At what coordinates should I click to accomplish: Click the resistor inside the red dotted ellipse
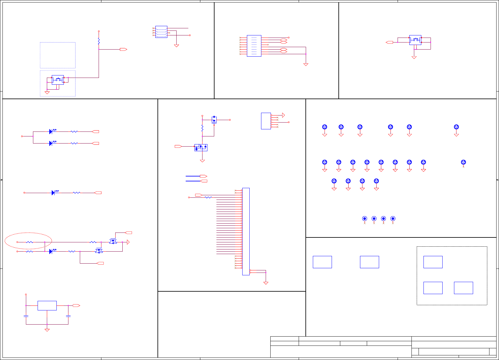30,242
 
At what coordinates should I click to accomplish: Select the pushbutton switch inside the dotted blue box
58,80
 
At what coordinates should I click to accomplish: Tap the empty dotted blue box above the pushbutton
58,55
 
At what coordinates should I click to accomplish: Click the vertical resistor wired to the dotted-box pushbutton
99,41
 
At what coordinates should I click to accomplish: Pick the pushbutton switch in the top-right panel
415,40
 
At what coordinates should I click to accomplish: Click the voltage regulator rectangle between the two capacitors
47,305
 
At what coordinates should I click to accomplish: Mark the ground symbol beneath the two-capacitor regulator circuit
47,330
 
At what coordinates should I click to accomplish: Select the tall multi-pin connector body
246,231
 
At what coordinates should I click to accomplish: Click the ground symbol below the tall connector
266,283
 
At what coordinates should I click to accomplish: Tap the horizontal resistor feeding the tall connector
208,197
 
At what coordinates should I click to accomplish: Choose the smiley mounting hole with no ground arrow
463,162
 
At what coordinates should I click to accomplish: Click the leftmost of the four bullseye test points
365,219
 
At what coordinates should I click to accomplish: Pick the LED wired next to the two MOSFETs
51,252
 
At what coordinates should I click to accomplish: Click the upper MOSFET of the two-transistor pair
113,241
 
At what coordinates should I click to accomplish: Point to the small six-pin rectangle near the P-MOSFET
266,121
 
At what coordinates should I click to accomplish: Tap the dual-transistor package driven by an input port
201,148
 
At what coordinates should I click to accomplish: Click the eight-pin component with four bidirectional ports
254,46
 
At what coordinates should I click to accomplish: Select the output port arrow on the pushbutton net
123,49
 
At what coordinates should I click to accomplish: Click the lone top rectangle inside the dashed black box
433,262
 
